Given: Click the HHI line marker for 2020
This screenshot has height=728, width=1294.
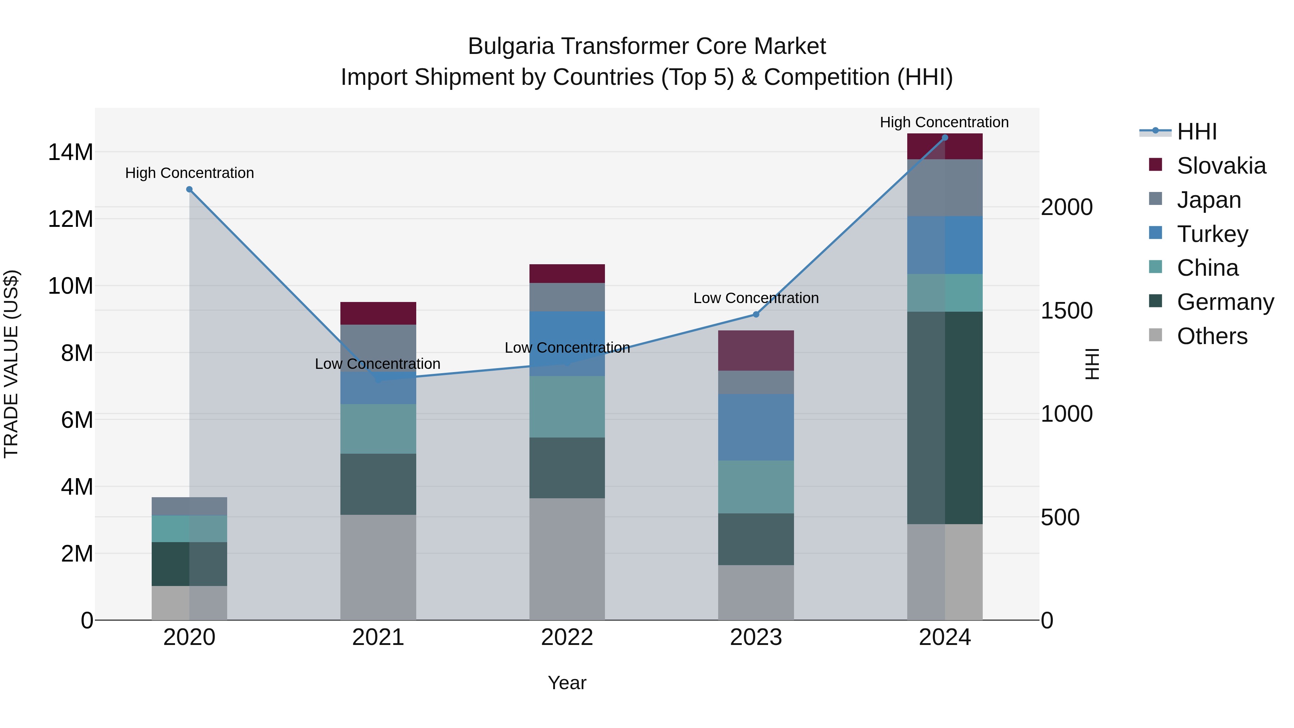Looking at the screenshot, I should pos(189,189).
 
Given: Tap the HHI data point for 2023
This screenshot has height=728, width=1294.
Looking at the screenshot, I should pos(756,315).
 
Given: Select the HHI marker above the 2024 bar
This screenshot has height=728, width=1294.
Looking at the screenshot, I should pos(945,138).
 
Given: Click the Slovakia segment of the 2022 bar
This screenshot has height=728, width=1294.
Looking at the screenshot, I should pos(567,274).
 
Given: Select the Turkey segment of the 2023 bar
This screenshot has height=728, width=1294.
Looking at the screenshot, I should pos(756,427).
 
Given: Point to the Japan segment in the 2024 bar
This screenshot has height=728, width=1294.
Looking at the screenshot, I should pos(945,188).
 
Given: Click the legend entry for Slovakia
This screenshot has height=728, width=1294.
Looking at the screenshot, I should pos(1221,166).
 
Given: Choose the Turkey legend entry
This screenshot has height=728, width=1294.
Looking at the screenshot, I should pos(1212,234).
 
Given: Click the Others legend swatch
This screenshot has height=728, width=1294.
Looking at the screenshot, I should pos(1156,335).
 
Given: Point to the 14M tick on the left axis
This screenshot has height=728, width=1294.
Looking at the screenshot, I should pos(70,152).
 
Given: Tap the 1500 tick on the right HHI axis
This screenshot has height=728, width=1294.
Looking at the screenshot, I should pos(1066,311).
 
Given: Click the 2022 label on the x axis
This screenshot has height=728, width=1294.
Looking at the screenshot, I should pos(567,637).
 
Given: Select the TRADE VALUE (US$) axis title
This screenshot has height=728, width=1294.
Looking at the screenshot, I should pos(12,364).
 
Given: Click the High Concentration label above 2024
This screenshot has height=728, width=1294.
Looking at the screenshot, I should pos(944,123).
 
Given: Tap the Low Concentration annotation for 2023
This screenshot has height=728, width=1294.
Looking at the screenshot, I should pos(756,298).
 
